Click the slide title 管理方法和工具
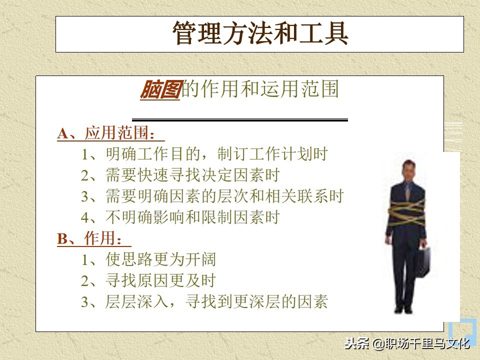(x=260, y=34)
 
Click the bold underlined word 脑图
(x=159, y=90)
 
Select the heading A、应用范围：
(x=110, y=133)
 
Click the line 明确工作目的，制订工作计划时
(x=205, y=154)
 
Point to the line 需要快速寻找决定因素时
(x=180, y=175)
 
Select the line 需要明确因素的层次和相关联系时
(x=212, y=196)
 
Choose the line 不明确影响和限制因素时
(x=180, y=217)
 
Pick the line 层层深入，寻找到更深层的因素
(x=205, y=302)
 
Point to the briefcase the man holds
(x=423, y=262)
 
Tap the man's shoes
(x=406, y=312)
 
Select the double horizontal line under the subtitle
(x=240, y=120)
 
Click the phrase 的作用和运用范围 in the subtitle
(x=260, y=90)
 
